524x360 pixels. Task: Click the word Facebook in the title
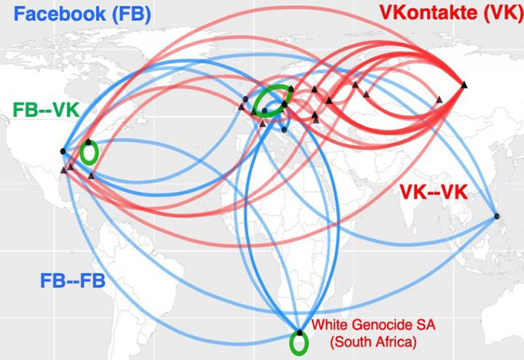point(53,13)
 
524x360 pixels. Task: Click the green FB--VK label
point(45,110)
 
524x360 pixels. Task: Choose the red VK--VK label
point(434,192)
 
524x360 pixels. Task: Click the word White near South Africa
point(330,325)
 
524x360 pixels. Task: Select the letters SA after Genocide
point(415,325)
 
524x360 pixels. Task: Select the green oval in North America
point(89,153)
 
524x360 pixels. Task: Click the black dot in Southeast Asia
point(497,217)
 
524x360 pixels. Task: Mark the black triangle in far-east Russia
point(464,84)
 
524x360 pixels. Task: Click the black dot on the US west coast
point(63,152)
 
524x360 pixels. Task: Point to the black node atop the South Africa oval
point(299,331)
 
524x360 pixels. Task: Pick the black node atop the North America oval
point(89,142)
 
